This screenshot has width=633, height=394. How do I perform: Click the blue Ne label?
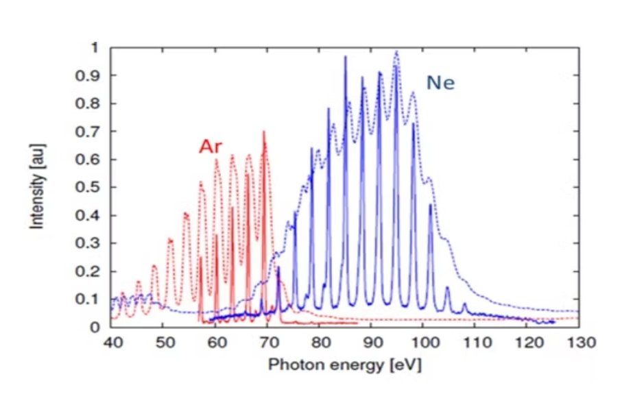(441, 83)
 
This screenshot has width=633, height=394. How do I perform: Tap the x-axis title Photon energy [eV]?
(344, 364)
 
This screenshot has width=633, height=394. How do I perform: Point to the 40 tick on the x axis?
(110, 341)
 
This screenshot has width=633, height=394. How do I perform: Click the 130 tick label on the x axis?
(578, 341)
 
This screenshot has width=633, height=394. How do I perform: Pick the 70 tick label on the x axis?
(267, 341)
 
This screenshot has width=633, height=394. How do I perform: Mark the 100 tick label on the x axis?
(423, 341)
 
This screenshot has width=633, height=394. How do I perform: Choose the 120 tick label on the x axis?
(527, 341)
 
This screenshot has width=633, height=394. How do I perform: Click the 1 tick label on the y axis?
(95, 48)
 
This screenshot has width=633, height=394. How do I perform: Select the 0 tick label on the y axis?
(95, 328)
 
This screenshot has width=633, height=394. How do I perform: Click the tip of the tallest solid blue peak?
(346, 56)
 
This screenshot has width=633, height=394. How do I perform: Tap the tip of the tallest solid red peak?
(263, 131)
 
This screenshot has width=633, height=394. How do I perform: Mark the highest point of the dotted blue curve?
(396, 51)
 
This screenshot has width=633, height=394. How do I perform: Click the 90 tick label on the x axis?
(371, 341)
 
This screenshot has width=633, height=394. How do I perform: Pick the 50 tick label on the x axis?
(163, 341)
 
